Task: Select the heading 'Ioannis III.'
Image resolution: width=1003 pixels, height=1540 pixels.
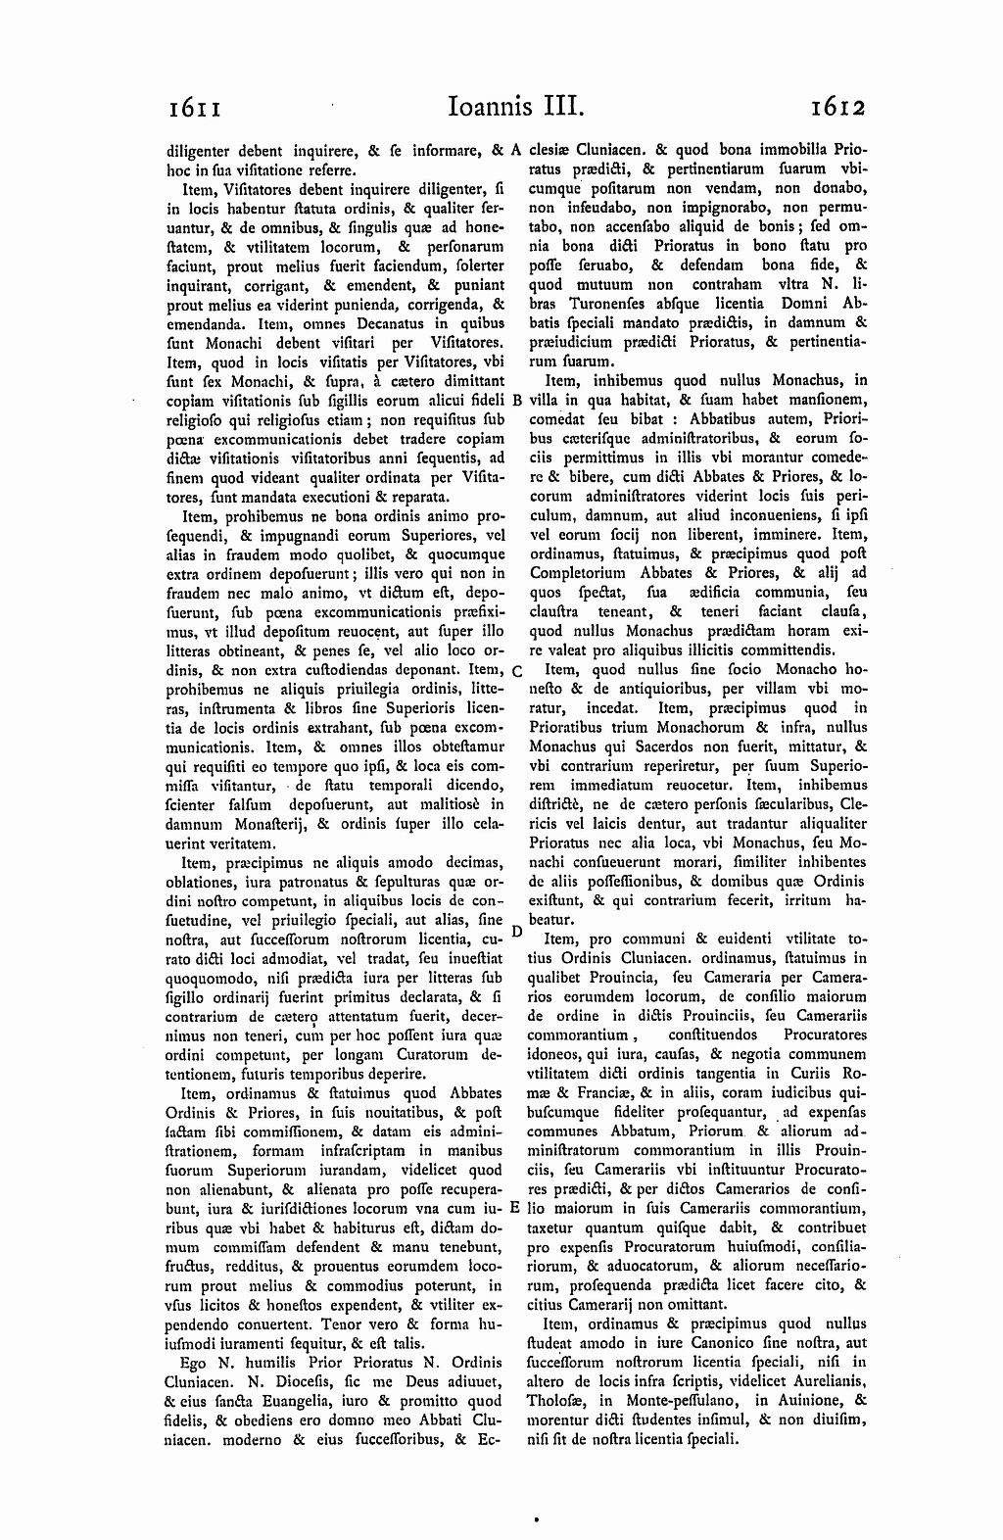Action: (501, 105)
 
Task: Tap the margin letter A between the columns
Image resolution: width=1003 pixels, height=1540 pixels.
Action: (515, 151)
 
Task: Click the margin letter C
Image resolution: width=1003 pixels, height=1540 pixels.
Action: (516, 670)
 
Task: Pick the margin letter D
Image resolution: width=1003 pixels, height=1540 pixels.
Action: (516, 929)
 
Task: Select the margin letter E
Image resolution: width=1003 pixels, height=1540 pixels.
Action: (515, 1208)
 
